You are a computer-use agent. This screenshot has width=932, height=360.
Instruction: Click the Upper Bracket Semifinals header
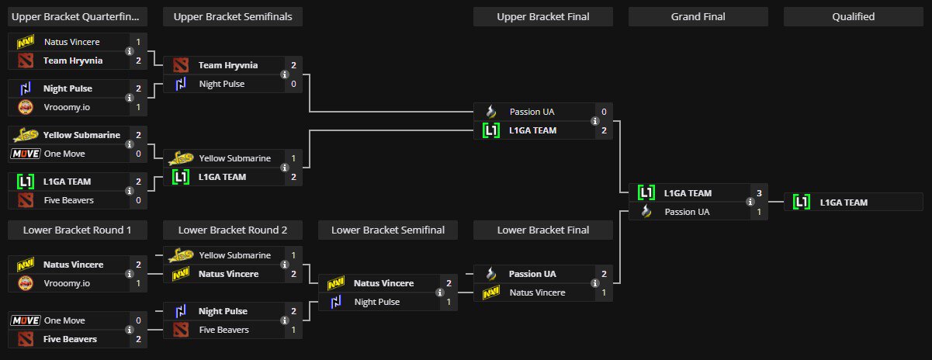click(233, 16)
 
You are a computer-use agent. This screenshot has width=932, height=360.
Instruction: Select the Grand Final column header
click(698, 16)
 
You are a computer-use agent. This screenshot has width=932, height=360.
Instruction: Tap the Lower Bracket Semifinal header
click(388, 230)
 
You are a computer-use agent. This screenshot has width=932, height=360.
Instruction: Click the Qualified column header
click(854, 16)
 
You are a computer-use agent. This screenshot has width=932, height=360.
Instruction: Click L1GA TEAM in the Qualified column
click(844, 202)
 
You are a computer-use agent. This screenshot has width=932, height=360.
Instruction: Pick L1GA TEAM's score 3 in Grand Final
click(759, 193)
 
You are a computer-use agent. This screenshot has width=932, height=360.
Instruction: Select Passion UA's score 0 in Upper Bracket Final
click(604, 112)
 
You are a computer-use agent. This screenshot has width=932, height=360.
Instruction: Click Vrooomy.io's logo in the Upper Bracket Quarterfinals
click(25, 107)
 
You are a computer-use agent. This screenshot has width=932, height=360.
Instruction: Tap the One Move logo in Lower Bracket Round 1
click(25, 320)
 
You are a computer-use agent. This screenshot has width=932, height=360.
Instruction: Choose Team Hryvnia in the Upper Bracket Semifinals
click(227, 65)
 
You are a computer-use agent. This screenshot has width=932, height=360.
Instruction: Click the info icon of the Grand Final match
click(750, 202)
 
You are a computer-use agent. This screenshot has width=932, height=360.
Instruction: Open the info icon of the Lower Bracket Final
click(595, 283)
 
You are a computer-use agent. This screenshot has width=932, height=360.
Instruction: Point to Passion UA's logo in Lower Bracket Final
click(490, 274)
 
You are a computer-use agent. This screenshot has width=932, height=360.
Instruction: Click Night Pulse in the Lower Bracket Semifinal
click(376, 302)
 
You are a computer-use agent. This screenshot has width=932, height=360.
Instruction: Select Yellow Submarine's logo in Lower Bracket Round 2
click(180, 255)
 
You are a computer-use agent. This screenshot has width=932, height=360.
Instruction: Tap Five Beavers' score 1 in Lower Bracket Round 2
click(293, 330)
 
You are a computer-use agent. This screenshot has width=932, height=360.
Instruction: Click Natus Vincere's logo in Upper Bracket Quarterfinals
click(25, 42)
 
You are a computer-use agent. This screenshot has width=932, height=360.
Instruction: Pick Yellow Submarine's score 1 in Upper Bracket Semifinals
click(293, 158)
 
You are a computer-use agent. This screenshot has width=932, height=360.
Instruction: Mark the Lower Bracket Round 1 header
click(78, 230)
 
